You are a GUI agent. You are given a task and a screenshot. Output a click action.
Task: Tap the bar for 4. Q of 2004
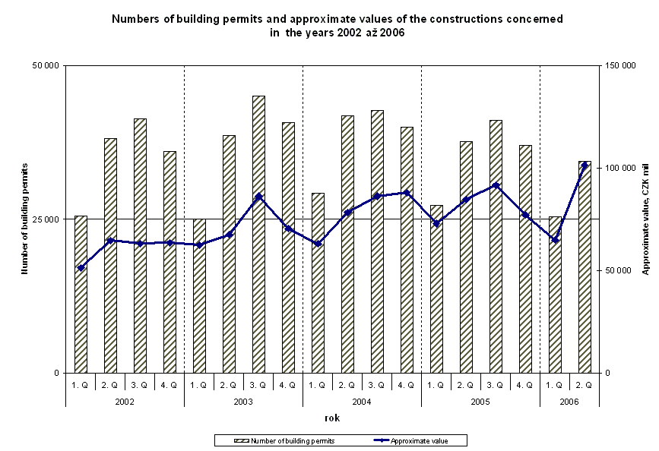[407, 250]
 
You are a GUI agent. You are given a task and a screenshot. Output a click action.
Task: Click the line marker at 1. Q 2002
[81, 268]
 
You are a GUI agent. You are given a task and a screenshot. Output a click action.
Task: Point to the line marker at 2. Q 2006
[585, 165]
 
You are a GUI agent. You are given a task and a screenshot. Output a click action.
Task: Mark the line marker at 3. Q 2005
[496, 185]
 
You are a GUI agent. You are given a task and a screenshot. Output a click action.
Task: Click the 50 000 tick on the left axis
[46, 66]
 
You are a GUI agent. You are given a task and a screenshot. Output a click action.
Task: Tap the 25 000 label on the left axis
[46, 219]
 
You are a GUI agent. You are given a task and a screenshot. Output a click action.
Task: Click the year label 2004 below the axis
[362, 400]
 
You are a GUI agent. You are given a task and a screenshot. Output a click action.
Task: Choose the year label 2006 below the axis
[569, 400]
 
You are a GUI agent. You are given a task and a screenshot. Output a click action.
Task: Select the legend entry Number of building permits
[292, 440]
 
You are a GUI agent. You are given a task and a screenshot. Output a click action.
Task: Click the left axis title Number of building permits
[24, 219]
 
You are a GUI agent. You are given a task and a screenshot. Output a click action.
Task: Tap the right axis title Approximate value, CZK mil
[645, 219]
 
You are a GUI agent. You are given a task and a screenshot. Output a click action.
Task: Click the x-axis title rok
[332, 418]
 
